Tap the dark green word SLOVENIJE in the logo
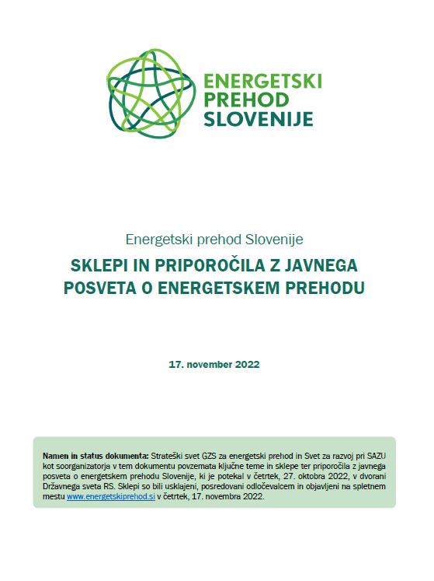click(x=258, y=119)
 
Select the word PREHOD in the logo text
click(x=245, y=100)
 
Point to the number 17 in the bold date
click(x=175, y=364)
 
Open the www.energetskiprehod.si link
click(x=110, y=495)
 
